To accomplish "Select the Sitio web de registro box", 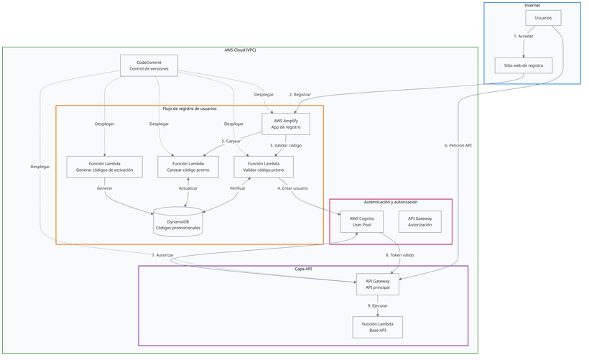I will (x=523, y=65).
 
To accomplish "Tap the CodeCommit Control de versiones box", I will (x=149, y=65).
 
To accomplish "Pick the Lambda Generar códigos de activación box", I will (x=105, y=166).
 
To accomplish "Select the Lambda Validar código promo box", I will (x=264, y=166).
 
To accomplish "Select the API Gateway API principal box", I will (x=377, y=284).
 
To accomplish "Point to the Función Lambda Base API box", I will (x=377, y=327).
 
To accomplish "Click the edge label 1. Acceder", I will (x=523, y=36).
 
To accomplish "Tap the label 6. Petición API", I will (x=458, y=146).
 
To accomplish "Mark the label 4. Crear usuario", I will (x=292, y=188).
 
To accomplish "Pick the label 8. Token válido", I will (x=399, y=255).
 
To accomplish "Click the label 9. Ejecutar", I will (x=377, y=306).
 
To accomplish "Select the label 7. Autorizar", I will (x=163, y=255).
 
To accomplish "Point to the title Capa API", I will (x=302, y=269).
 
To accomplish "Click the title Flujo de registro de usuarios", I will (x=190, y=109).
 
